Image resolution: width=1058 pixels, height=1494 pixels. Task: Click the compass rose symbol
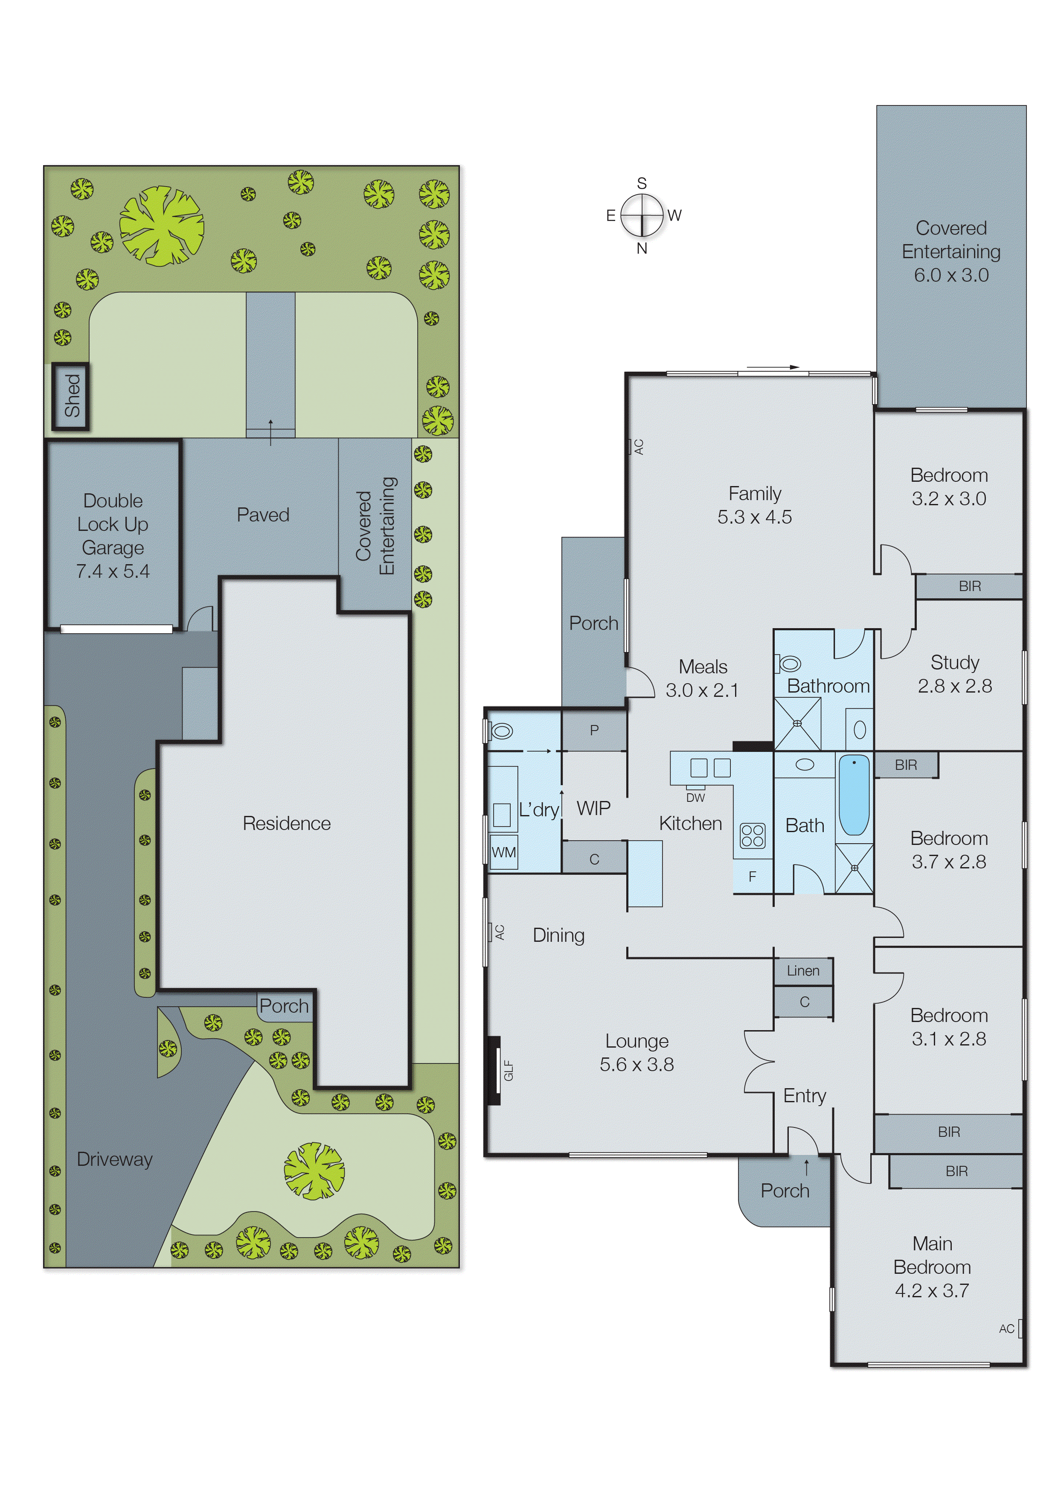click(642, 215)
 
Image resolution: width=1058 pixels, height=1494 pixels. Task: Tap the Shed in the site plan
click(71, 396)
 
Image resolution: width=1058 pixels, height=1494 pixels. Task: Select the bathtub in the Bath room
click(853, 795)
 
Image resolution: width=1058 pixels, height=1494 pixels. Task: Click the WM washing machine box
click(503, 852)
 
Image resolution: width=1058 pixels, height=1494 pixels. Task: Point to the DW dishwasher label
click(695, 798)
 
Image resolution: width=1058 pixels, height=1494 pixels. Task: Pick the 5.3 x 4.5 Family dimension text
click(754, 517)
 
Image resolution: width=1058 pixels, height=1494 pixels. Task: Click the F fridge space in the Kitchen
click(753, 877)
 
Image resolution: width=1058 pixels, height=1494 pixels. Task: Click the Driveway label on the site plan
click(115, 1159)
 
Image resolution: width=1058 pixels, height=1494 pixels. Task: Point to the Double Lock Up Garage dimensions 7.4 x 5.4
click(113, 571)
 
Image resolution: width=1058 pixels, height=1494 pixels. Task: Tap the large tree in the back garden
click(160, 225)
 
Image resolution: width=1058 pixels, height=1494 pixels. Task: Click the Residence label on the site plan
click(287, 824)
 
